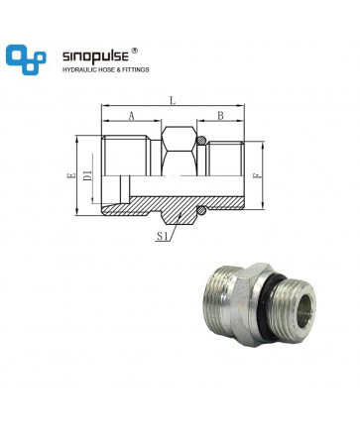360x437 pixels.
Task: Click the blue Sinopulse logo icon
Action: point(26,59)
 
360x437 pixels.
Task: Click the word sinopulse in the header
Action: point(95,56)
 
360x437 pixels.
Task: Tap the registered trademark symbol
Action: point(135,51)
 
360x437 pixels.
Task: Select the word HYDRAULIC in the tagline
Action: point(77,70)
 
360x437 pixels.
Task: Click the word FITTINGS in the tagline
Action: point(136,70)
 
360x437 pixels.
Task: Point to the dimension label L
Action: point(173,100)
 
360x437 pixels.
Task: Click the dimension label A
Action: point(132,116)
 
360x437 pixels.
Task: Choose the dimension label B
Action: point(220,116)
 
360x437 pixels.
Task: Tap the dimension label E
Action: point(71,175)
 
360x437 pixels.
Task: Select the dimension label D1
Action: point(87,175)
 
